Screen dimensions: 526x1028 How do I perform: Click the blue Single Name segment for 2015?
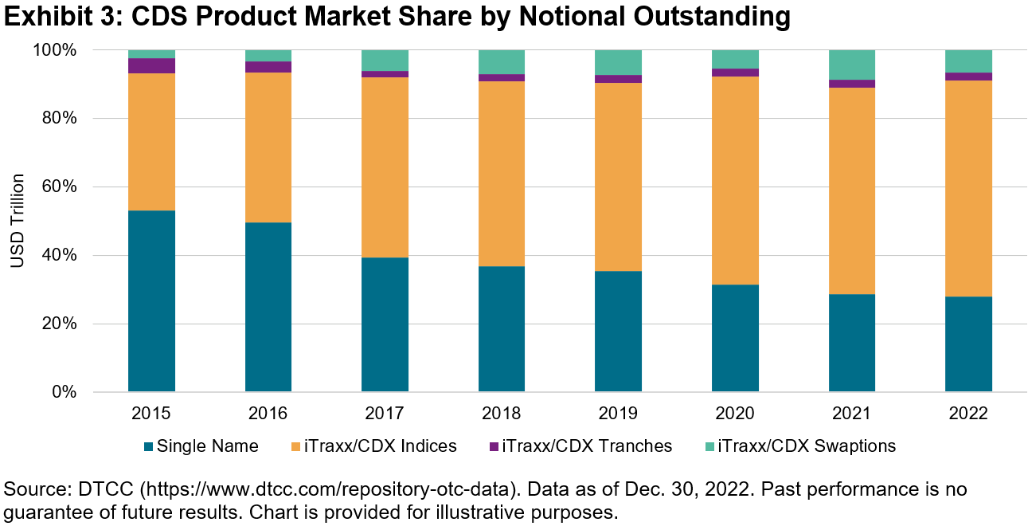point(151,301)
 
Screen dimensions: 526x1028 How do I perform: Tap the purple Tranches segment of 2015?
point(151,66)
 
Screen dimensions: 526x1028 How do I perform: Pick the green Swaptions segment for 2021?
point(852,65)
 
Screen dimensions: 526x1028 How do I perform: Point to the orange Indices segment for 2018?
point(502,174)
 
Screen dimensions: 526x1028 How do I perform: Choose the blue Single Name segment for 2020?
point(735,338)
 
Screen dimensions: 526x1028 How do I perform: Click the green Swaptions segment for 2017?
point(385,61)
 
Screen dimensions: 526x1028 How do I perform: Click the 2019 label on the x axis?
point(618,414)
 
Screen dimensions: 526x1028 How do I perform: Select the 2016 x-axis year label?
point(268,414)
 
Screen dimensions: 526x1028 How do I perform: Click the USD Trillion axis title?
point(18,221)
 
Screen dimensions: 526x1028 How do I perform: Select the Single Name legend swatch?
point(148,446)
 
